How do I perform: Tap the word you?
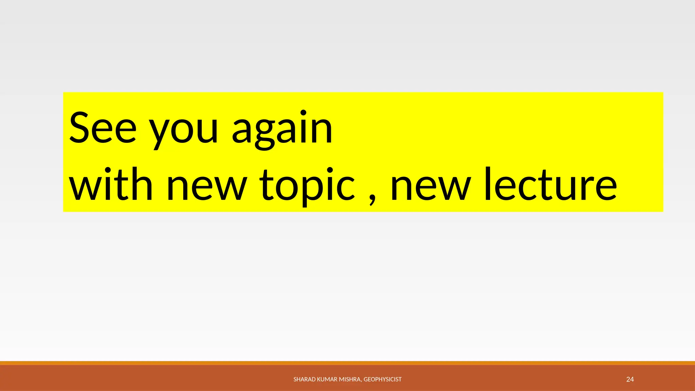(184, 130)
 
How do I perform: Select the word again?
(282, 129)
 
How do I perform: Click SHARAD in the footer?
(304, 379)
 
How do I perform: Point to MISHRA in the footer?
(351, 379)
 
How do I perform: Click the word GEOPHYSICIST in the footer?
(382, 379)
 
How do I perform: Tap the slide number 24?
(630, 379)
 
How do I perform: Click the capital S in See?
(80, 128)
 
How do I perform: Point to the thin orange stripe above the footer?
(347, 363)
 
